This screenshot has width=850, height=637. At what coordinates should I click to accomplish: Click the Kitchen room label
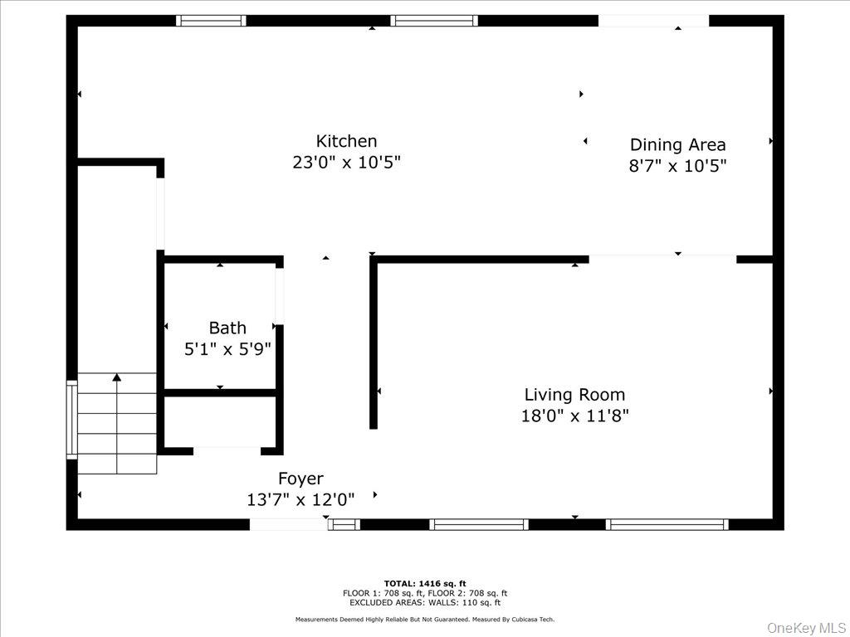point(346,141)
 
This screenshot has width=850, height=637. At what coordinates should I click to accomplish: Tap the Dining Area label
point(677,145)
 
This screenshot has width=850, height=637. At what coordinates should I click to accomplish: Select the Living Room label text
point(574,395)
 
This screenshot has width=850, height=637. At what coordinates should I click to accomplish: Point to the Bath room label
point(227,328)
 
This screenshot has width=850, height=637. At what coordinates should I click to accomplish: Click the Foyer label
point(300,479)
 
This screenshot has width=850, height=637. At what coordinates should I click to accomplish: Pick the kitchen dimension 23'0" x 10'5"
point(346,163)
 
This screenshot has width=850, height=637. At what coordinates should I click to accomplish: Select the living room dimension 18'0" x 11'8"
point(574,416)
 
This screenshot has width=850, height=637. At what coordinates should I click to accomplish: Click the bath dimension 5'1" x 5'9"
point(227,349)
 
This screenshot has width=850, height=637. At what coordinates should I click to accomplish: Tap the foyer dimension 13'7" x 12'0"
point(300,500)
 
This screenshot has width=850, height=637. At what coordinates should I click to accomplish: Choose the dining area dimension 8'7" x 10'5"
point(677,166)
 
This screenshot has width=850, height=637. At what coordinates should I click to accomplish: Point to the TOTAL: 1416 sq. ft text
point(424,583)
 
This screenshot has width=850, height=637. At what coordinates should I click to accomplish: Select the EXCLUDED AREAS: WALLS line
point(424,602)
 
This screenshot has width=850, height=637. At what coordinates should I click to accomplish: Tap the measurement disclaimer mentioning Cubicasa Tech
point(424,620)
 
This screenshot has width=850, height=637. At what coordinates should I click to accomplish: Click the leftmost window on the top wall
point(212,21)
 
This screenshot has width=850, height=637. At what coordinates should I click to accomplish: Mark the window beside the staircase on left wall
point(72,419)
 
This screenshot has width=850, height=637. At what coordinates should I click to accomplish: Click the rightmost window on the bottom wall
point(667,524)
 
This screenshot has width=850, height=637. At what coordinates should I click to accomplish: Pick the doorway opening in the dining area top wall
point(653,21)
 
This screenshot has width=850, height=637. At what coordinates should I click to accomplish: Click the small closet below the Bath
point(220,422)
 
